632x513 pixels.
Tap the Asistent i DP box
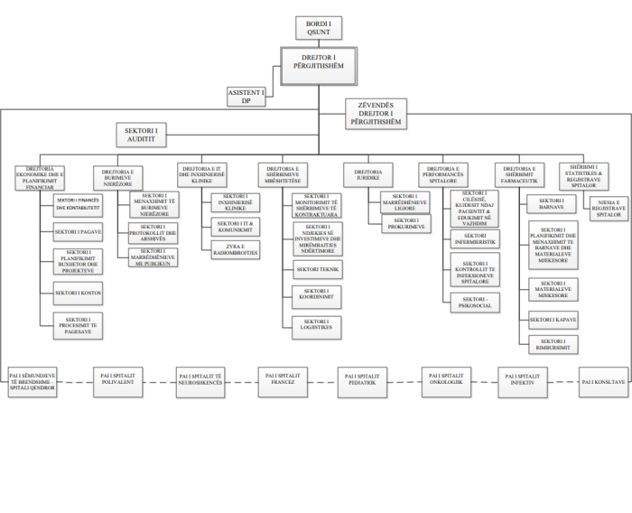[x=246, y=97]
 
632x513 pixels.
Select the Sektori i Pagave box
[x=78, y=232]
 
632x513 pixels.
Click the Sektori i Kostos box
[x=78, y=294]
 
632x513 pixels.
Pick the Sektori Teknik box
[x=317, y=269]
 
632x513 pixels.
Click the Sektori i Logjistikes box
[x=317, y=326]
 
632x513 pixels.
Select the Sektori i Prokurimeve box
[x=406, y=222]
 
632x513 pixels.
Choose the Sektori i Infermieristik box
[x=475, y=241]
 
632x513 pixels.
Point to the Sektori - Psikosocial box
[x=475, y=302]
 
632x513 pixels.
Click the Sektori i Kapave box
[x=553, y=320]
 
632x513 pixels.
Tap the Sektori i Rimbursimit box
[x=553, y=343]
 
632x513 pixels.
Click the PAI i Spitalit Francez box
[x=279, y=376]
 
